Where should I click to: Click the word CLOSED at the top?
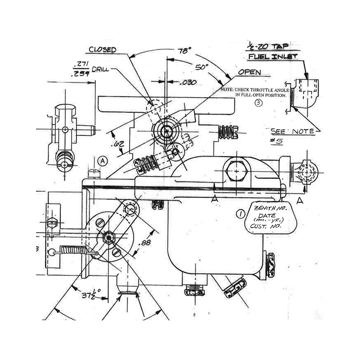pos(103,49)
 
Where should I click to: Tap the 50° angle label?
pos(202,67)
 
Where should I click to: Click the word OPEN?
pos(250,72)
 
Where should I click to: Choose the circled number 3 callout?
pos(258,103)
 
